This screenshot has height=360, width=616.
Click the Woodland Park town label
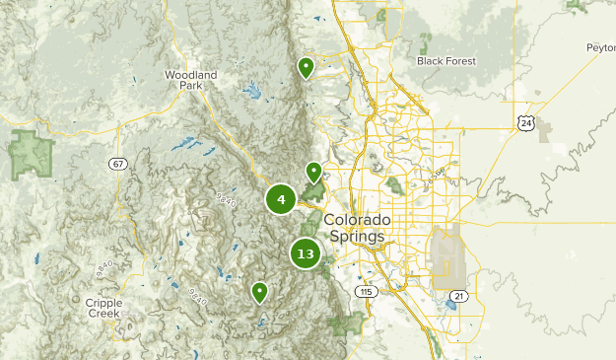point(183,80)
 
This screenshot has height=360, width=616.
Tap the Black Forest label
point(445,61)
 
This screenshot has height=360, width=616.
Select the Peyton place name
point(599,46)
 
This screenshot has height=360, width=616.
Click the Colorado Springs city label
point(357,228)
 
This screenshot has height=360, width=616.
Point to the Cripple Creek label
point(103,308)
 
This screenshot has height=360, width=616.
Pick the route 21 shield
point(457,295)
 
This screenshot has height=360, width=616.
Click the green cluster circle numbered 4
point(281,200)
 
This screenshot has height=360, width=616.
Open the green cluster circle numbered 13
point(306,253)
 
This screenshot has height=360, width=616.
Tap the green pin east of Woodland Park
point(306,67)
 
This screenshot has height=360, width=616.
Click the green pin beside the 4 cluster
point(314,172)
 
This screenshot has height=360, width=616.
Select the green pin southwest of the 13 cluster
point(259,291)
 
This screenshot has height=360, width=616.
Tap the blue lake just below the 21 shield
point(451,307)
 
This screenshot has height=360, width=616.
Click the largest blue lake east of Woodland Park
point(252,94)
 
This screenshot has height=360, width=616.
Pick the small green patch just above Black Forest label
point(426,43)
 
